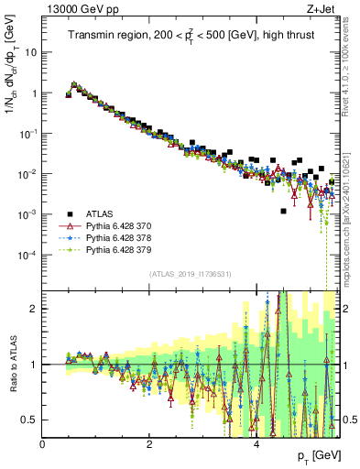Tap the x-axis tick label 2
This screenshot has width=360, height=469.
click(149, 444)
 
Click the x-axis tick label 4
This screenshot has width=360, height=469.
click(256, 444)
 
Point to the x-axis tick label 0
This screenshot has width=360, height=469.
click(42, 444)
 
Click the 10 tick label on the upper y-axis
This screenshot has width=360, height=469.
click(30, 52)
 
